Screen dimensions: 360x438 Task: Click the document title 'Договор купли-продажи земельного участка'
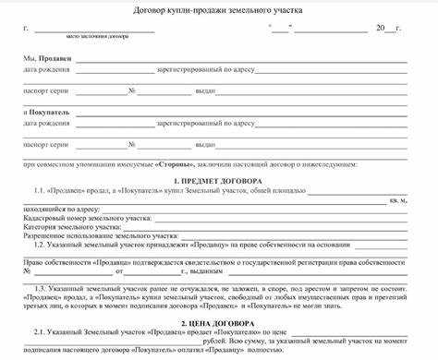pos(218,10)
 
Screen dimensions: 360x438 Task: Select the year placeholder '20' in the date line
pos(380,28)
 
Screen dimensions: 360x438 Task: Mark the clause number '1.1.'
pos(40,190)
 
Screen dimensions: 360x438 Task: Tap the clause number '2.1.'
pos(40,333)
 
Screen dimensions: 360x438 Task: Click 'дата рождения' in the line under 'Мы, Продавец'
pos(45,71)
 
